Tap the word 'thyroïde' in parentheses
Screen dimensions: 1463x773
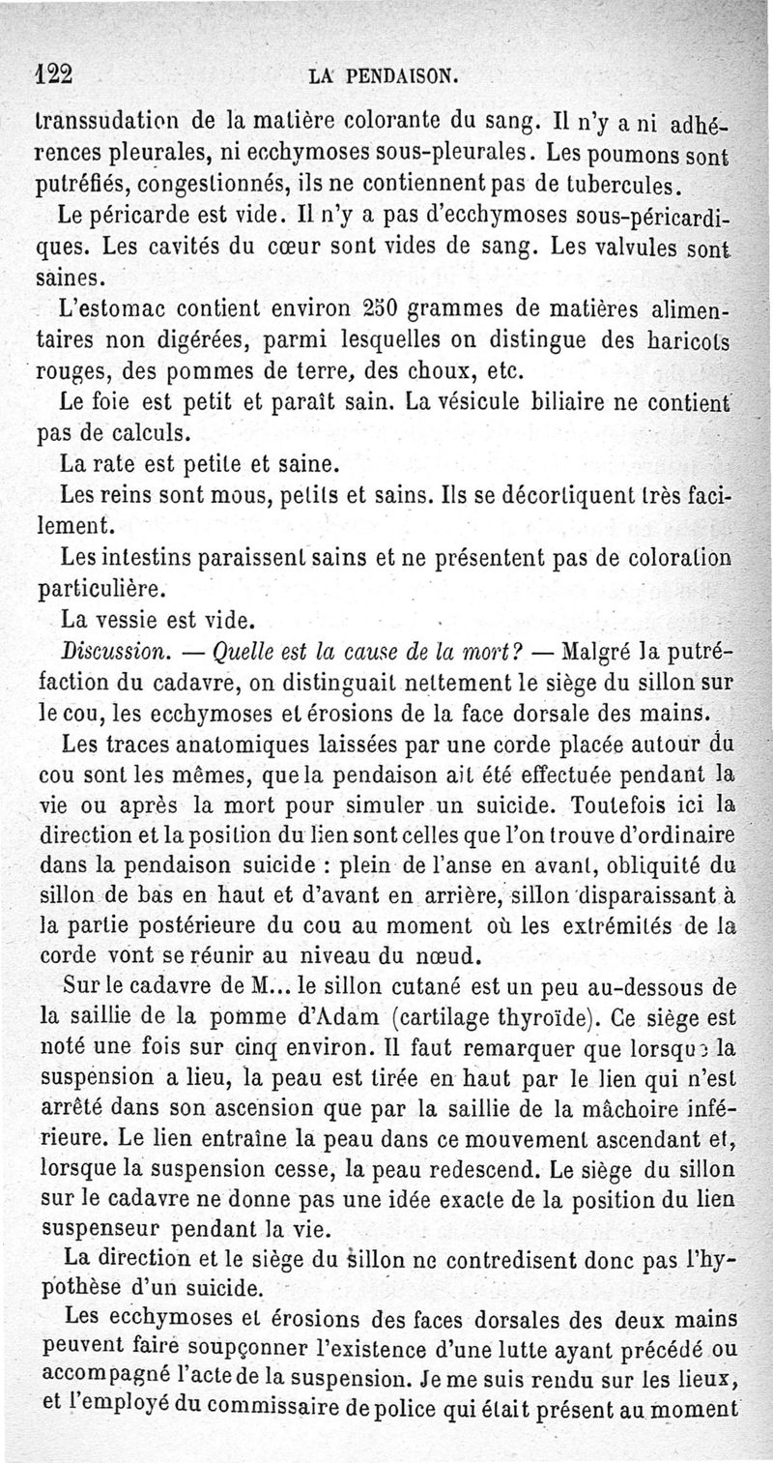coord(613,1016)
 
